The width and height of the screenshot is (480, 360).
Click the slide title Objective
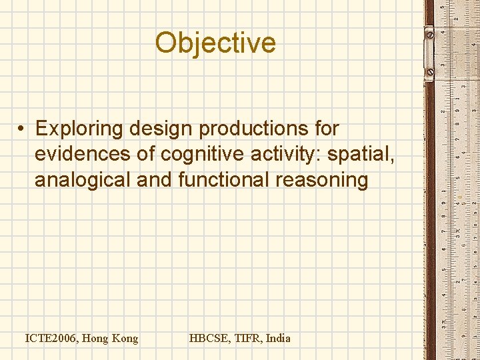(x=215, y=43)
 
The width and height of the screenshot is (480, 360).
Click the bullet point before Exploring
(x=22, y=128)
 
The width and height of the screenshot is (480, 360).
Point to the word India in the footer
(x=278, y=339)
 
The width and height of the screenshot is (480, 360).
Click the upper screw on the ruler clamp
(x=429, y=32)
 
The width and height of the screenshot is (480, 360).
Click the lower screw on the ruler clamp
(x=429, y=71)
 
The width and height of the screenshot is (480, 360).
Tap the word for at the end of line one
(x=327, y=128)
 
